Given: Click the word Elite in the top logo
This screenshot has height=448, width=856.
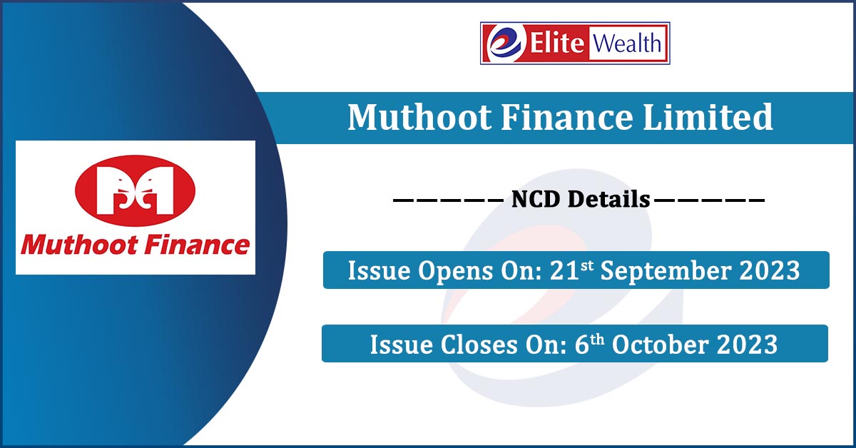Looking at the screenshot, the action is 557,42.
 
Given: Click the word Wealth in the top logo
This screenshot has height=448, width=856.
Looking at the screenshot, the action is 627,43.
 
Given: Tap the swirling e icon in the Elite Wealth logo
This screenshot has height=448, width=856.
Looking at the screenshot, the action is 505,44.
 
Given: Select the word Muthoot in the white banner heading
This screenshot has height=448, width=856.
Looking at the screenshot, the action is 419,117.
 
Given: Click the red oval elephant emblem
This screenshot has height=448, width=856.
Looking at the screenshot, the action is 136,190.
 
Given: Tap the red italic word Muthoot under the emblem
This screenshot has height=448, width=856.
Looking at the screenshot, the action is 79,245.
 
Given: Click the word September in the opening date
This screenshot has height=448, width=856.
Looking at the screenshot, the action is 666,270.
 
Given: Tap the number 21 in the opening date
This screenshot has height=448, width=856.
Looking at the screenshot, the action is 565,270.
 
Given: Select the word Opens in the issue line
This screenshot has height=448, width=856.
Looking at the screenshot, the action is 456,270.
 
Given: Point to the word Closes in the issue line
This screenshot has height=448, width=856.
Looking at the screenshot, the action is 479,345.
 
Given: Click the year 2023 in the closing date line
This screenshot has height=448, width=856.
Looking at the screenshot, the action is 747,345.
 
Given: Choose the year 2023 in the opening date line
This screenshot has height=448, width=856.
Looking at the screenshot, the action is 770,270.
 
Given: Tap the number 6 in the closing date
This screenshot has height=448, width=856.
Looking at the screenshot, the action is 581,345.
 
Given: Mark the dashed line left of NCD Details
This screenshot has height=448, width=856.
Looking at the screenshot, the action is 448,200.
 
